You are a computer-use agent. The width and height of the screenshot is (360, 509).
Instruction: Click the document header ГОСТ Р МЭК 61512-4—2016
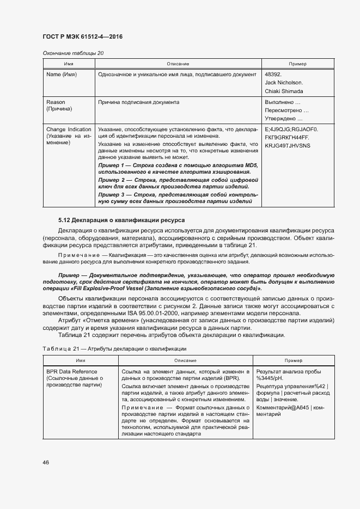point(82,36)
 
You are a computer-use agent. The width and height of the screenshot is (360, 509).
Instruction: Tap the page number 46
point(46,462)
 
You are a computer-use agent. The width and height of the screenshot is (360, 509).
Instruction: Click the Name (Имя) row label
point(62,74)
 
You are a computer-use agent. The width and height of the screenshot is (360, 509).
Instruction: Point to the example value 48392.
point(273,74)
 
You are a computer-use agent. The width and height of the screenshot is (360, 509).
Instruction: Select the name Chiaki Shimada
point(284,91)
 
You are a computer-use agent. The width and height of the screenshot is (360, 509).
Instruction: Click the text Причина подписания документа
point(138,102)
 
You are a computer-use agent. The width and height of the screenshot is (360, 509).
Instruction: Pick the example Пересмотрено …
point(283,111)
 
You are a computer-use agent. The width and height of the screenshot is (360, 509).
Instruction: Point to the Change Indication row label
point(69,130)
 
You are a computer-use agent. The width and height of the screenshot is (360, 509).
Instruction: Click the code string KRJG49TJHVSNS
point(287,146)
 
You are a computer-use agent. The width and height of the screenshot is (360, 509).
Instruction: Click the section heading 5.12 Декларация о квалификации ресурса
point(121,220)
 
